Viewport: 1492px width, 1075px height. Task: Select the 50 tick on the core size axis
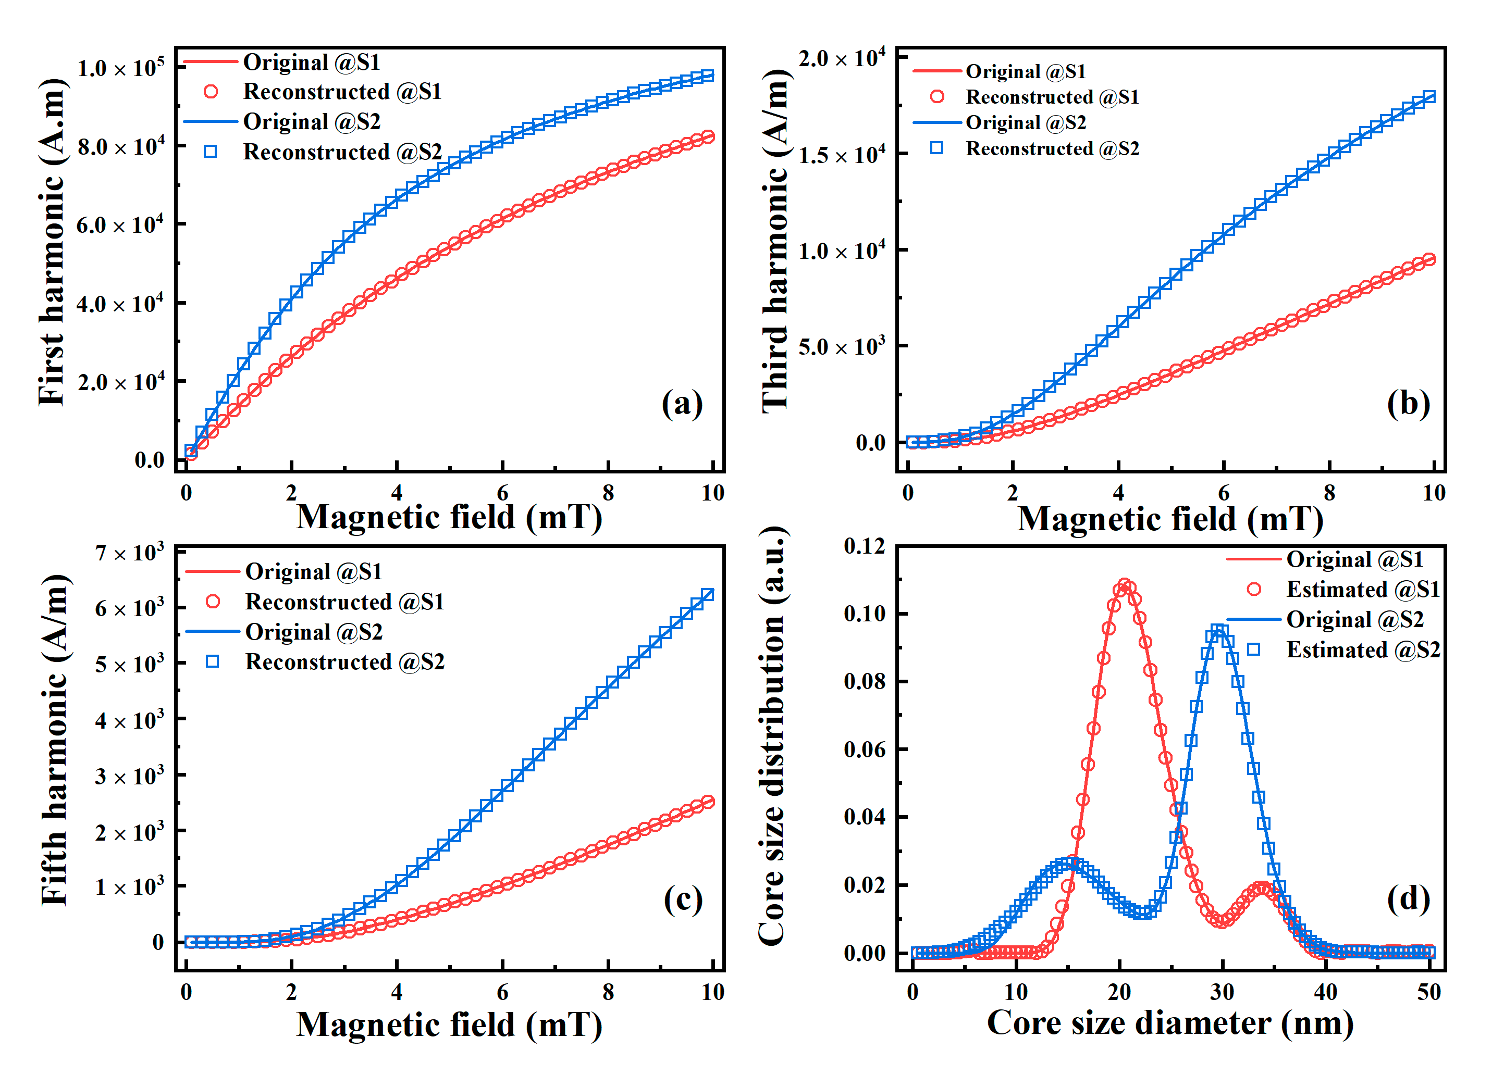point(1429,992)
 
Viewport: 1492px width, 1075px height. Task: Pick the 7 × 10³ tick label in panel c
point(129,552)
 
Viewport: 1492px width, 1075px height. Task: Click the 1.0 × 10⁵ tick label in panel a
point(120,68)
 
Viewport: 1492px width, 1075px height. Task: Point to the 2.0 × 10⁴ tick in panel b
point(842,58)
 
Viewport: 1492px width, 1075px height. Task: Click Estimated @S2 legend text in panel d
point(1363,649)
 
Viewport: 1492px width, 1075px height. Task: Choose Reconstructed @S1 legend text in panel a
point(342,91)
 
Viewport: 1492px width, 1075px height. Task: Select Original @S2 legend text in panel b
point(1026,122)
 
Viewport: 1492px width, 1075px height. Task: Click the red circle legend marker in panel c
point(213,601)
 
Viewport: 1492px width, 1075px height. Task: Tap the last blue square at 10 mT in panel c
point(708,594)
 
